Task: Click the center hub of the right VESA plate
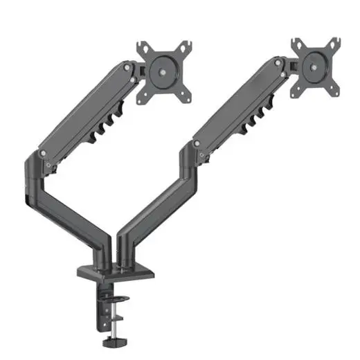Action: pyautogui.click(x=316, y=64)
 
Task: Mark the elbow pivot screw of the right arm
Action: pyautogui.click(x=197, y=143)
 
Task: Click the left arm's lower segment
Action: pyautogui.click(x=69, y=208)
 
